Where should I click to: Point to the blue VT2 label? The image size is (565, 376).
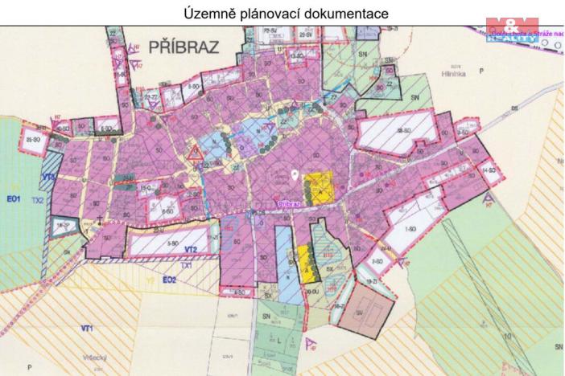(190, 250)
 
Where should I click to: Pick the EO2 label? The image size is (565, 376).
(168, 279)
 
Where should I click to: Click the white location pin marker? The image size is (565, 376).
(295, 174)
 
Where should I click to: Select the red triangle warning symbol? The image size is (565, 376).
(194, 152)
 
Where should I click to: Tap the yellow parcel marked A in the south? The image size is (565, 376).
(307, 261)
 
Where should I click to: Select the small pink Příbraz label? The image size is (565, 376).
(288, 205)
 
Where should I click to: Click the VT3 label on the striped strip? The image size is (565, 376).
(47, 177)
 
